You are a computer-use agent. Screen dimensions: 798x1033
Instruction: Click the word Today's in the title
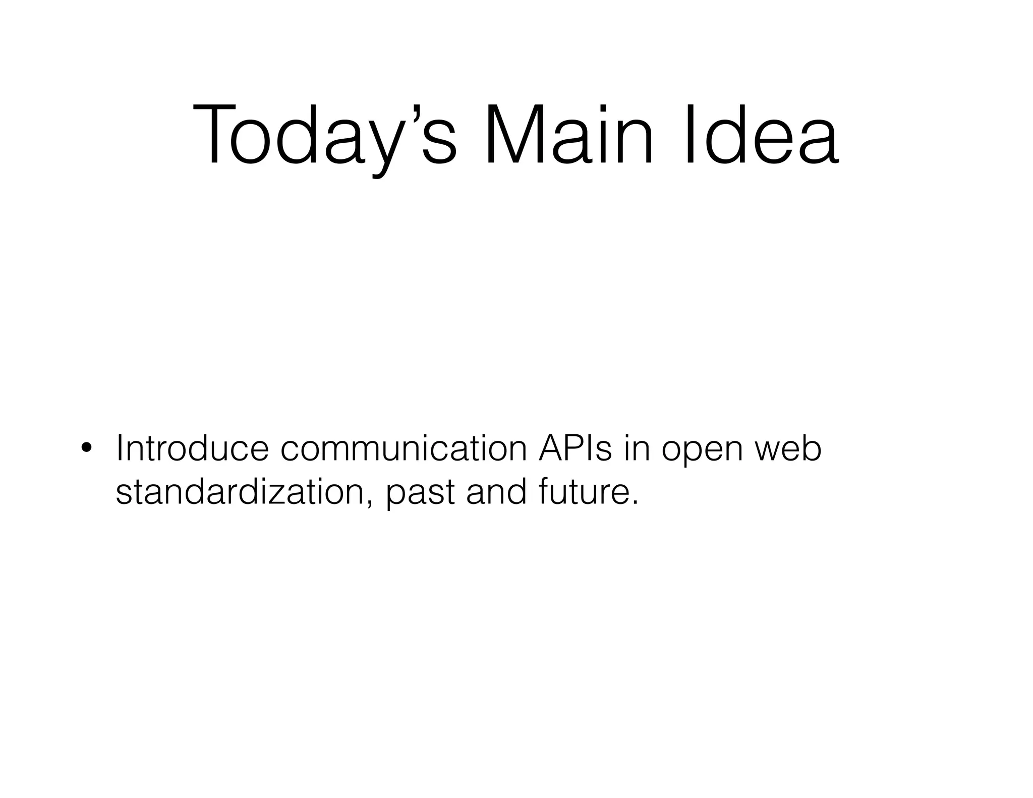tap(325, 135)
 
